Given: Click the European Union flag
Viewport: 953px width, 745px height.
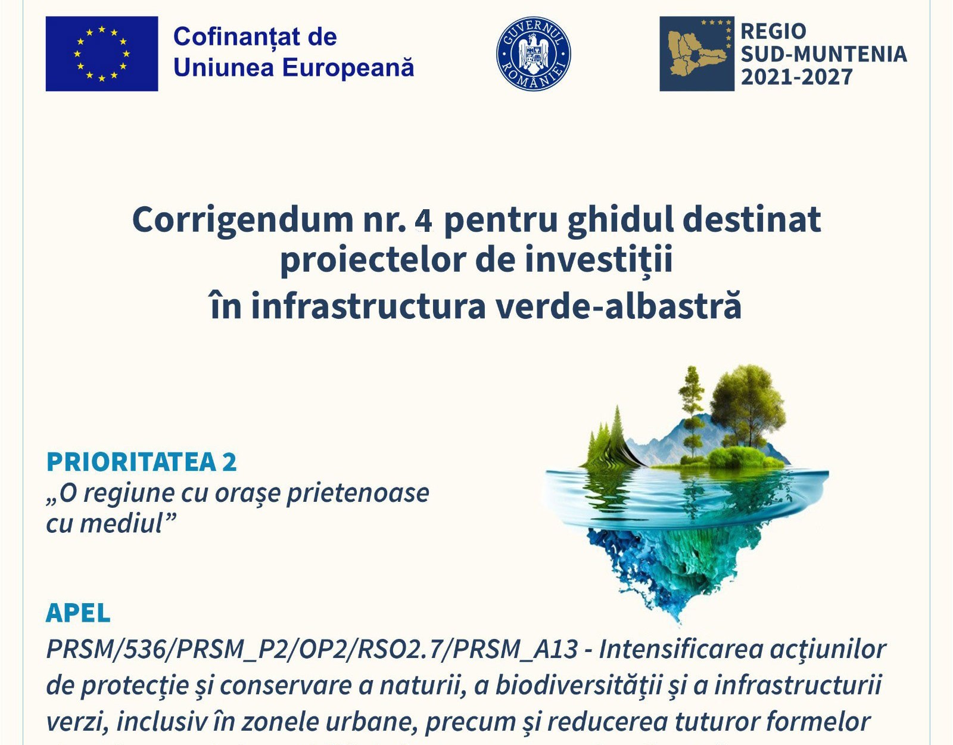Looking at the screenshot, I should pos(102,54).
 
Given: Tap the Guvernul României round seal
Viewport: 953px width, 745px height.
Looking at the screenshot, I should pos(533,54).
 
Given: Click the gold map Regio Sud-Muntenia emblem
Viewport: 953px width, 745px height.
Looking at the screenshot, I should pos(696,54).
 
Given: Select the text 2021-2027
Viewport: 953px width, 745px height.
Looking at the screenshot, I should pos(796,77).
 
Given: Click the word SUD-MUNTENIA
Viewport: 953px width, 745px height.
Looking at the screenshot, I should pos(823,54).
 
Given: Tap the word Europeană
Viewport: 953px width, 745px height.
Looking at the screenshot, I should pos(348,67).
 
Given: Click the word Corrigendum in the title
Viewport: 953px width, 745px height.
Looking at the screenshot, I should pos(242,219).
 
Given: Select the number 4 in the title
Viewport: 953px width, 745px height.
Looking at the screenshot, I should pos(423,221).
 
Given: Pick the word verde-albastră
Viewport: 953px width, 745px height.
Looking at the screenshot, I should pos(619,306).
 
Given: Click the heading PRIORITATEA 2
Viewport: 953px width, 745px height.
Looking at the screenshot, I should pos(142,462).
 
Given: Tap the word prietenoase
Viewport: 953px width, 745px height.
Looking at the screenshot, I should pos(357,493).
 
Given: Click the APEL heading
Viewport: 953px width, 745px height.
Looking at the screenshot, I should pos(78,613).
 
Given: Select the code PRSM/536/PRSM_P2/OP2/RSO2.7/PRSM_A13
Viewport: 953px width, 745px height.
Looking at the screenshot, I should pos(312,649).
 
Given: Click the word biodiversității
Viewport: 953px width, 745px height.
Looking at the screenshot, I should pos(578,685).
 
